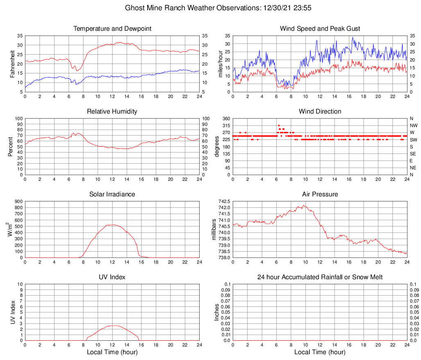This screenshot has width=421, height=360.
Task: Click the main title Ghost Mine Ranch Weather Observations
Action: (x=220, y=8)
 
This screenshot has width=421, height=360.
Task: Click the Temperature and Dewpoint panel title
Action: (x=112, y=29)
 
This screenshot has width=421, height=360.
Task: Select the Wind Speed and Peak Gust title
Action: (x=320, y=29)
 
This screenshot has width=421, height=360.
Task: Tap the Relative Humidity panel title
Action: (x=112, y=112)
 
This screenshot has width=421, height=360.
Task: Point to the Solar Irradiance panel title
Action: (x=112, y=194)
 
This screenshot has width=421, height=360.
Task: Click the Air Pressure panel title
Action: (x=320, y=194)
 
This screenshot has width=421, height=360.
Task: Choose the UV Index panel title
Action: (x=112, y=277)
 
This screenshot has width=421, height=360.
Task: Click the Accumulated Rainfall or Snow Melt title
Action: (x=320, y=277)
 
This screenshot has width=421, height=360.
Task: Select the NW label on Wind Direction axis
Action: (x=414, y=125)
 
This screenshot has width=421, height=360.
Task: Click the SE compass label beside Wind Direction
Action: (x=413, y=154)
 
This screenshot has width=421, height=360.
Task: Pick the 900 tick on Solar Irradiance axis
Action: (x=18, y=202)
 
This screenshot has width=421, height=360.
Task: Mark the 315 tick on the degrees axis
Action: (x=226, y=125)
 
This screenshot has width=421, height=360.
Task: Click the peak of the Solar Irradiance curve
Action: (x=112, y=225)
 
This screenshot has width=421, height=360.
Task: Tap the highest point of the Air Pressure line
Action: (x=304, y=205)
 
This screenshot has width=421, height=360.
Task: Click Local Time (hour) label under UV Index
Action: (x=112, y=352)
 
